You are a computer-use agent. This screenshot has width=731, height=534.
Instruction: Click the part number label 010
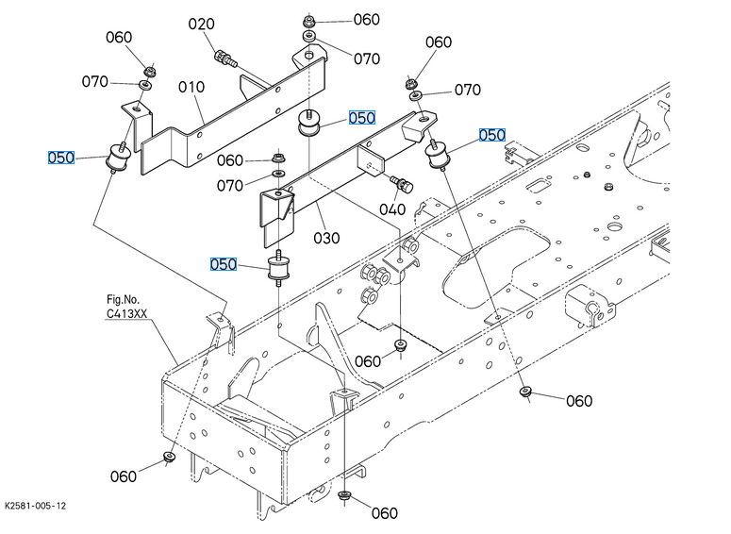tap(191, 88)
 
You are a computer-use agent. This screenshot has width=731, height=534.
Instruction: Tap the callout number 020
tap(201, 24)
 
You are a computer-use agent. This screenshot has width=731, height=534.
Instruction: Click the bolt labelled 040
tap(403, 181)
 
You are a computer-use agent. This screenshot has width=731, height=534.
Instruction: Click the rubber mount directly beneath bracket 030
tap(279, 271)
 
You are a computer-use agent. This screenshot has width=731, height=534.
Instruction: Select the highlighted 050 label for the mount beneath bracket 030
tap(224, 264)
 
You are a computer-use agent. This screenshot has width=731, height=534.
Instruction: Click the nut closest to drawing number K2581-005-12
tap(168, 459)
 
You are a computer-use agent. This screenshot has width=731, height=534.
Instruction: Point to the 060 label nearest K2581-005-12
tap(124, 476)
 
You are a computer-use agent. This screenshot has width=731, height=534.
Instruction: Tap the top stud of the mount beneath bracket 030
tap(279, 252)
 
